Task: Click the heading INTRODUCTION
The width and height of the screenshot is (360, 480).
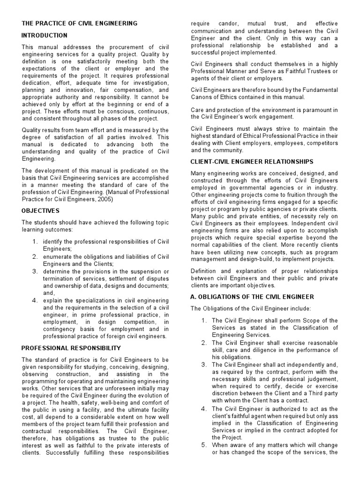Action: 45,35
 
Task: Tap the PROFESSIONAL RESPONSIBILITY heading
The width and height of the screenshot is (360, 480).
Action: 71,348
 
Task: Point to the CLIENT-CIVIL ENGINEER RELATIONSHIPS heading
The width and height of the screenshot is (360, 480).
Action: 252,161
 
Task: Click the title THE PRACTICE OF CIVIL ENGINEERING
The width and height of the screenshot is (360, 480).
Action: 80,23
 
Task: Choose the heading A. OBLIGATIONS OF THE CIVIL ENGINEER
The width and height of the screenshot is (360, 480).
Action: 252,297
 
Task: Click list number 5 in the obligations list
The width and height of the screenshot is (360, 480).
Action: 204,445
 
